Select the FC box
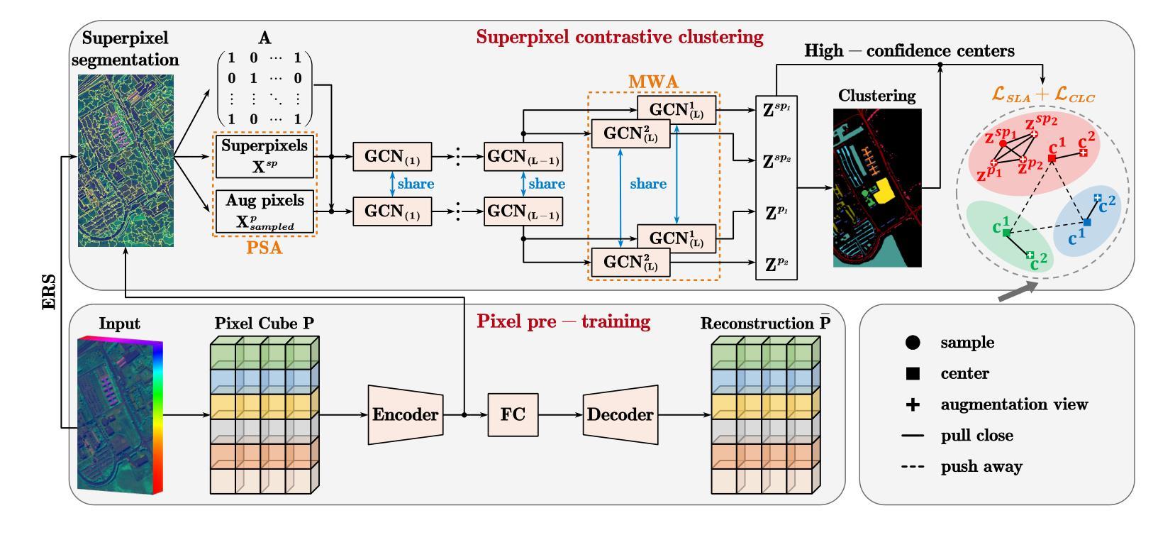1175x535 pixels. pyautogui.click(x=513, y=414)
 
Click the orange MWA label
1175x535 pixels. pyautogui.click(x=653, y=82)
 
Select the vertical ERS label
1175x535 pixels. pyautogui.click(x=49, y=292)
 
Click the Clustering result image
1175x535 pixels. pyautogui.click(x=877, y=187)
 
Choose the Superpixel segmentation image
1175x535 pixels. pyautogui.click(x=126, y=160)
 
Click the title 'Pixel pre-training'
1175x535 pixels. pyautogui.click(x=563, y=321)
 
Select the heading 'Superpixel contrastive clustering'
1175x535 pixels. pyautogui.click(x=620, y=37)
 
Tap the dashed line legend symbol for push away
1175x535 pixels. pyautogui.click(x=913, y=467)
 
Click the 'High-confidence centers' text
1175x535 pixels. pyautogui.click(x=909, y=51)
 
